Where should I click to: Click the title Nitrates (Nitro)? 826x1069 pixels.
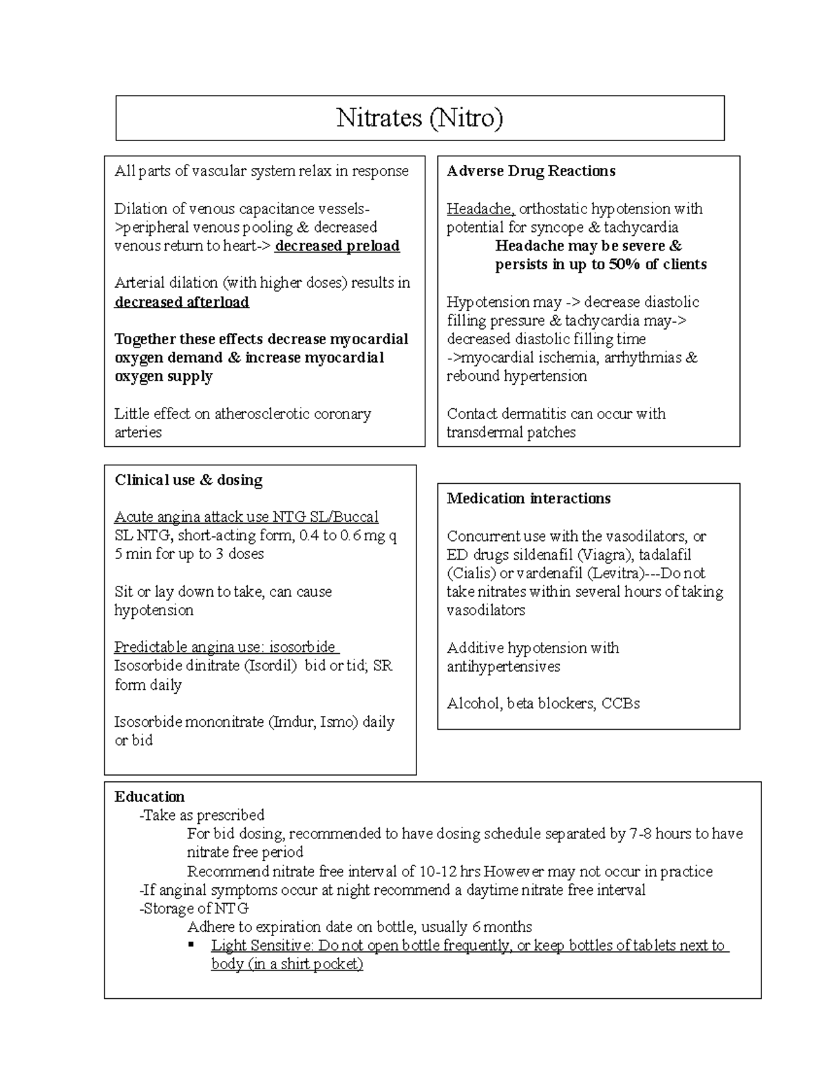point(419,118)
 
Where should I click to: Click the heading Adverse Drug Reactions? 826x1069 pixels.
point(531,171)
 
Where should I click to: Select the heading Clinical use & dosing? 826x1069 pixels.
point(189,480)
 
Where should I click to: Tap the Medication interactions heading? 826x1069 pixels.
point(528,499)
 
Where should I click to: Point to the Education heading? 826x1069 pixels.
point(149,797)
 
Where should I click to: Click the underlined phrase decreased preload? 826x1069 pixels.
point(337,246)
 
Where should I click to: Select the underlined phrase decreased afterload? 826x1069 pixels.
point(182,302)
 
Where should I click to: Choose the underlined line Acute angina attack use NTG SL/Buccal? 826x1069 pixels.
point(246,518)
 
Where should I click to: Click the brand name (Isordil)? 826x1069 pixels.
point(271,666)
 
